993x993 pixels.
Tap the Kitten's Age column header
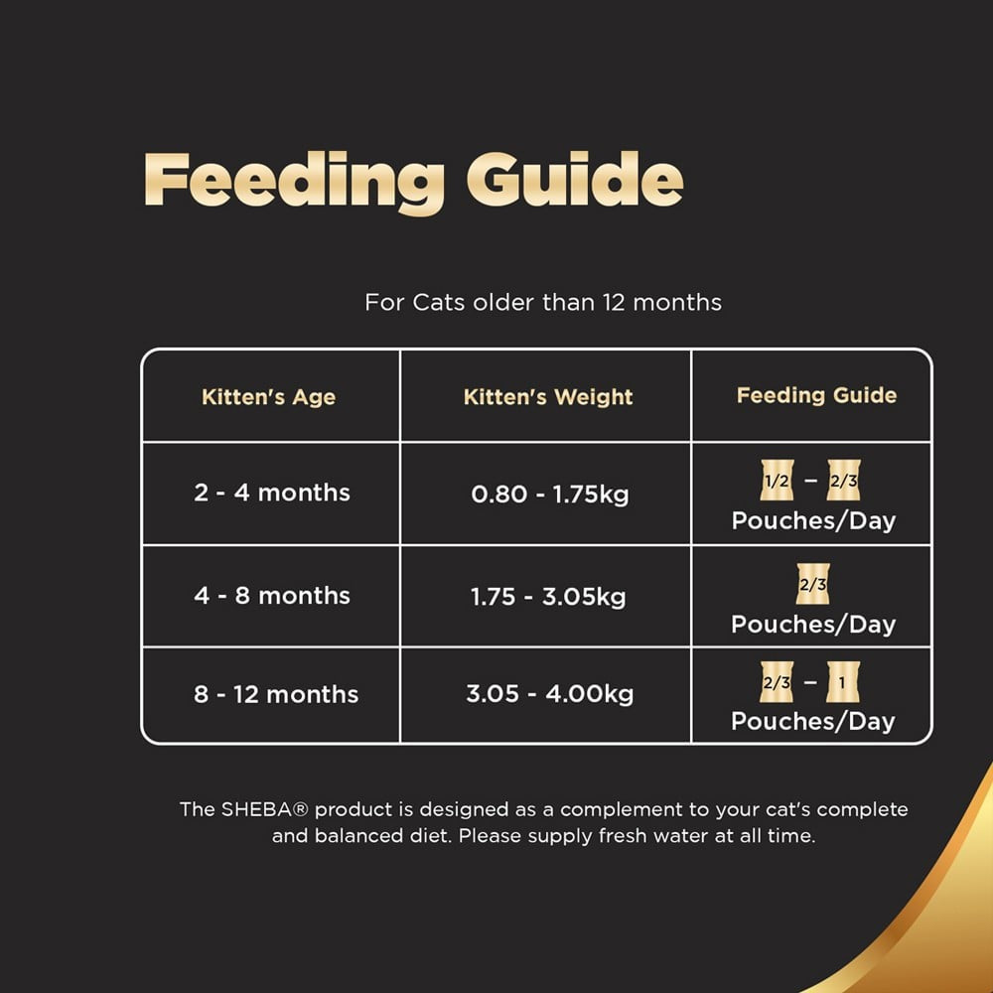coord(268,397)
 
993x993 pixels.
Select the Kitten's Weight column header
coord(548,397)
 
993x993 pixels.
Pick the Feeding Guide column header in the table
coord(816,395)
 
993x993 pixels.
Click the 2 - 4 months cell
coord(272,493)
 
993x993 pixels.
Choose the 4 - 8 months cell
coord(272,596)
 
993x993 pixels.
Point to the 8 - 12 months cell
coord(275,694)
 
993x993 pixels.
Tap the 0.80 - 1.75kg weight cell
coord(549,494)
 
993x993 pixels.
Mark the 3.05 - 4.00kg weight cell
coord(549,694)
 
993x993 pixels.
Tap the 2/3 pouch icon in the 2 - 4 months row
coord(842,481)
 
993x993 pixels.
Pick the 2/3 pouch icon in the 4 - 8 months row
coord(812,585)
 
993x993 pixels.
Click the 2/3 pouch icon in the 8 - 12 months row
coord(776,683)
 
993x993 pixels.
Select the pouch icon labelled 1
coord(842,683)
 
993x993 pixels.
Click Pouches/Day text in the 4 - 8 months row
coord(813,624)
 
